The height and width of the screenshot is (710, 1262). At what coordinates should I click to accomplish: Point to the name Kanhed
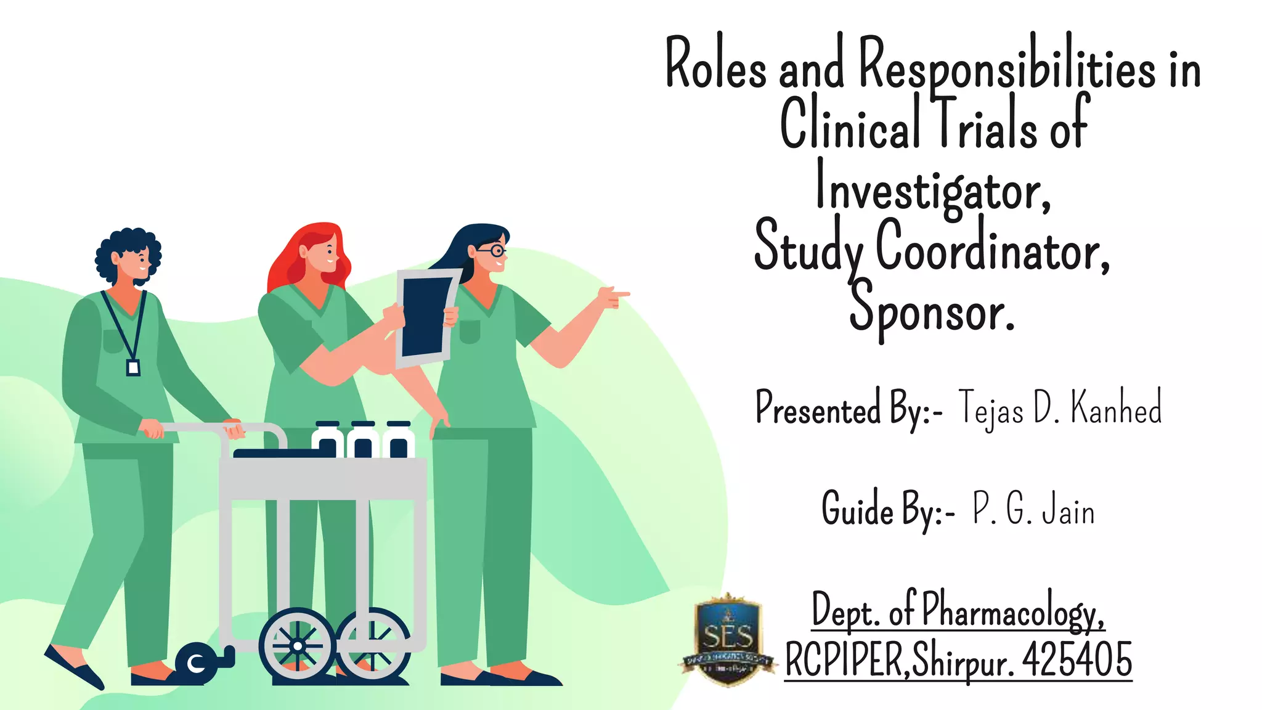(1116, 407)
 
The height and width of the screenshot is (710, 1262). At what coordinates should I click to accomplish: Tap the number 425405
(1077, 659)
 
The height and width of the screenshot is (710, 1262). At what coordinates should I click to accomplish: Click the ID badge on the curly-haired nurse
(133, 368)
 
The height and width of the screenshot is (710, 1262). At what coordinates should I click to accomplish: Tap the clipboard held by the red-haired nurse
(426, 317)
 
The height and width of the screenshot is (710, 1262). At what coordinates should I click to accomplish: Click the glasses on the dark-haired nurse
(492, 250)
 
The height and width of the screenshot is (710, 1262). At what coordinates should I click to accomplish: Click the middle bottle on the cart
(362, 441)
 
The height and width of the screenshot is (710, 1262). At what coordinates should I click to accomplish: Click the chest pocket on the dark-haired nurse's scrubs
(470, 332)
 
